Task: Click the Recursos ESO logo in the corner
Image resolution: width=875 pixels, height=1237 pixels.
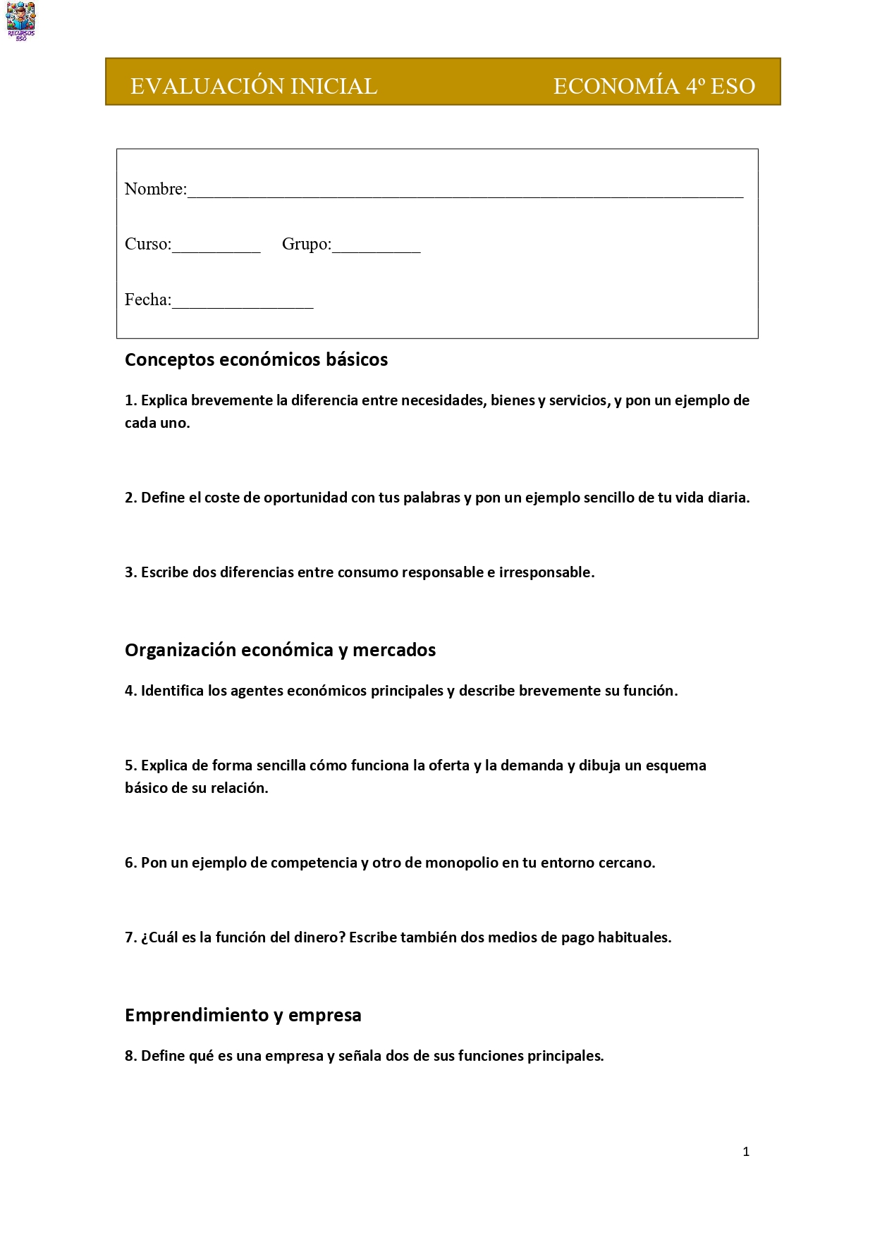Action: coord(20,20)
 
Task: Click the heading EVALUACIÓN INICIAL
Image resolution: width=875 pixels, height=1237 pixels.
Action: coord(254,86)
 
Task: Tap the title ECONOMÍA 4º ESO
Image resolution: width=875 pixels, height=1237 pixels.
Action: coord(654,86)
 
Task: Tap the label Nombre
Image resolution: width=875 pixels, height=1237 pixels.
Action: coord(155,189)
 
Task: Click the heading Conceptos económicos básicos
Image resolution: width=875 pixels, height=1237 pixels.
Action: coord(256,359)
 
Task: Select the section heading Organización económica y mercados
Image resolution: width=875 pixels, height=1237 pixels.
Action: coord(280,650)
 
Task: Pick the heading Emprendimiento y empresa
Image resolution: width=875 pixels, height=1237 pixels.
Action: coord(243,1015)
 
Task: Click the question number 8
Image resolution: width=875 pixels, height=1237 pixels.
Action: coord(130,1056)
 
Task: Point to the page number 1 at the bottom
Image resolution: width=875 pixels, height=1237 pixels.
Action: coord(746,1152)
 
